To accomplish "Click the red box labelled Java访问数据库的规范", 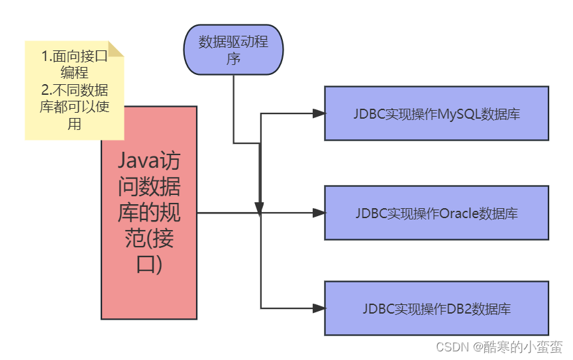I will (x=149, y=212).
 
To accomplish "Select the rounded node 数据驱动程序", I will (x=233, y=50).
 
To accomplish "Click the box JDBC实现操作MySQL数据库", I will (x=436, y=113).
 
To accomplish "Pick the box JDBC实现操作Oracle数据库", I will (x=436, y=213).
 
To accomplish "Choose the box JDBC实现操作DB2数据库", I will (x=436, y=308).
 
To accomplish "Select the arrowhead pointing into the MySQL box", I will (x=319, y=113).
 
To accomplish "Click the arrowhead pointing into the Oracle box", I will (x=319, y=213).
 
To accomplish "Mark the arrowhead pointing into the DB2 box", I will (x=319, y=308).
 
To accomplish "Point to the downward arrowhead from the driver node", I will (x=260, y=208).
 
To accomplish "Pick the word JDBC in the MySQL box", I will (x=367, y=113).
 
